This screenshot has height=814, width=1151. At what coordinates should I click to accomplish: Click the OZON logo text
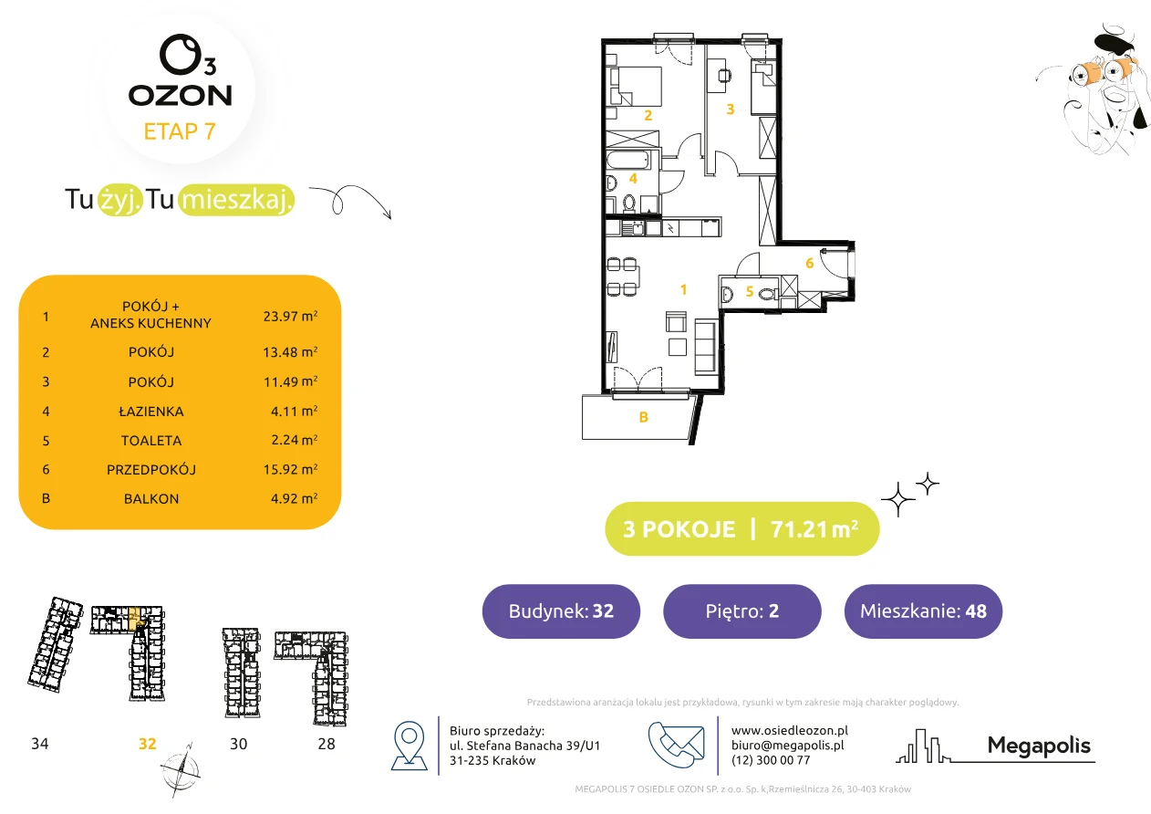click(x=180, y=96)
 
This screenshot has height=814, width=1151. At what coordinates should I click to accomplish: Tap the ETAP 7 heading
click(x=180, y=131)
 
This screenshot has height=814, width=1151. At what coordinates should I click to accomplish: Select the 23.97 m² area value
click(x=290, y=316)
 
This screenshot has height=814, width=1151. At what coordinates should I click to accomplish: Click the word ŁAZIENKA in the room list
click(x=151, y=412)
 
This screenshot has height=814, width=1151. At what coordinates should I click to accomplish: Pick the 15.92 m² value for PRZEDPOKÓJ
click(x=290, y=469)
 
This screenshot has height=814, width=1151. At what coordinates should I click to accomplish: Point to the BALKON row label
click(x=151, y=499)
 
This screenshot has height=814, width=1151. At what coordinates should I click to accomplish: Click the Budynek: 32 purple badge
click(x=561, y=610)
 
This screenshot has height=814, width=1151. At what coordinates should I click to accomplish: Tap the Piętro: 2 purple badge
click(x=742, y=610)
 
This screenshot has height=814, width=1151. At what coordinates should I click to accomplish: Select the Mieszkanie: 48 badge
click(x=923, y=610)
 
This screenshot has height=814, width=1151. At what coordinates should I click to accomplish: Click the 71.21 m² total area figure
click(x=814, y=529)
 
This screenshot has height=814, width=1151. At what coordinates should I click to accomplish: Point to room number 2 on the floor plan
click(x=648, y=116)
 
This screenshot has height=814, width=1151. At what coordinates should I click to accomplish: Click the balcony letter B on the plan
click(x=643, y=417)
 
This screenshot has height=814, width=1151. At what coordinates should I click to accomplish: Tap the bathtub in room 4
click(x=628, y=160)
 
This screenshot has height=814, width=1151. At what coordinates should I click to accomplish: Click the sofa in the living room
click(x=706, y=347)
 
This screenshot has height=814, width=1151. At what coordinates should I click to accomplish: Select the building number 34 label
click(x=39, y=744)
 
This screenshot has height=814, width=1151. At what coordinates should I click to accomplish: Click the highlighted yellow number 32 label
click(x=147, y=744)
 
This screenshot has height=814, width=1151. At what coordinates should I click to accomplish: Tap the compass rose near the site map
click(x=181, y=770)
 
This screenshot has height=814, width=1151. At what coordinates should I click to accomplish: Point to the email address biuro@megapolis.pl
click(x=788, y=745)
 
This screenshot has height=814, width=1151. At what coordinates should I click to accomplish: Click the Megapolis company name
click(x=1039, y=745)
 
